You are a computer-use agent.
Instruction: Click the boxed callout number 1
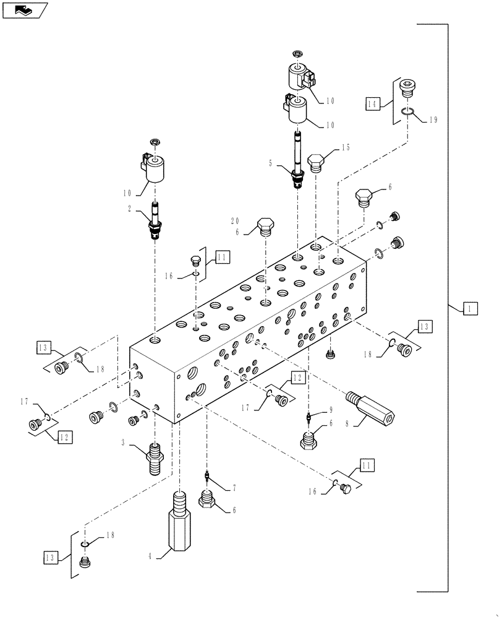pyautogui.click(x=470, y=308)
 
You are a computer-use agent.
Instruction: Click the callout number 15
pyautogui.click(x=346, y=147)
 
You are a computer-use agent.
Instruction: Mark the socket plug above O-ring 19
pyautogui.click(x=407, y=89)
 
